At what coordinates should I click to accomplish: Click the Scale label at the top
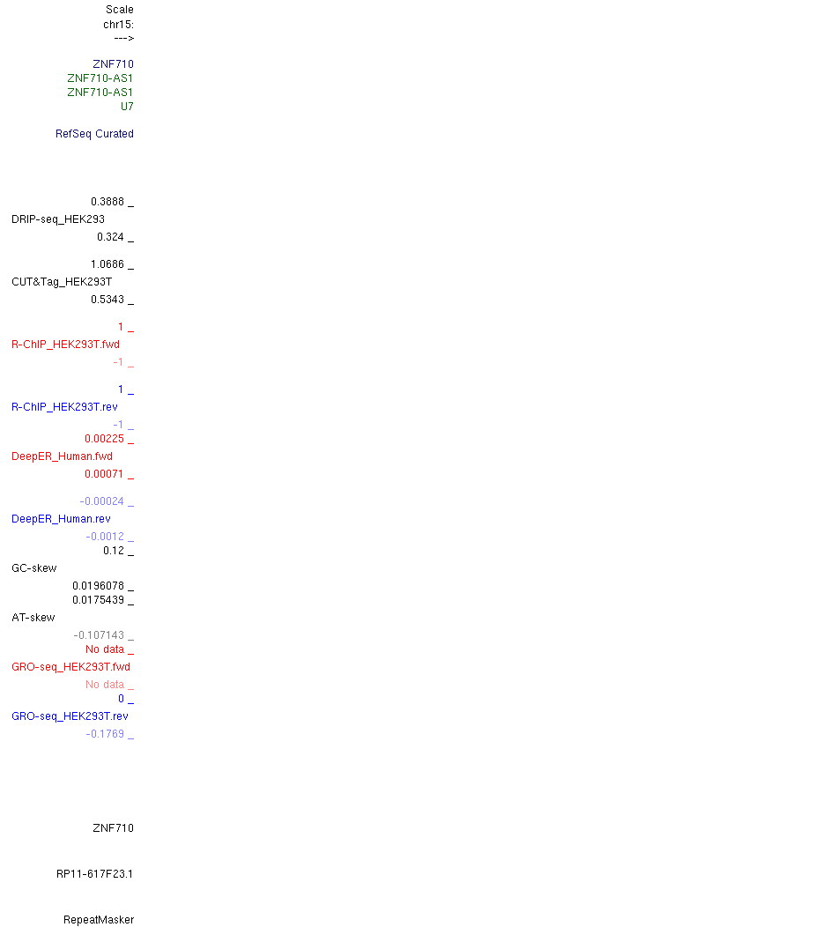coord(120,10)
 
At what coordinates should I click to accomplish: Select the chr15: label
coord(118,25)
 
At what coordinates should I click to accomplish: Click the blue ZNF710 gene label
coord(113,63)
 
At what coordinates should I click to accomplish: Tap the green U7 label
coord(127,107)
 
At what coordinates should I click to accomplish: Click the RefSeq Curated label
coord(94,134)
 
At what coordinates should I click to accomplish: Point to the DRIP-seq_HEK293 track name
coord(58,219)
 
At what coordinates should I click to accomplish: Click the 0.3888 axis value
coord(107,202)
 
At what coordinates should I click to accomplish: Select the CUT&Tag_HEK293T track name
coord(62,281)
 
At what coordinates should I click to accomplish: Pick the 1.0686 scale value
coord(107,264)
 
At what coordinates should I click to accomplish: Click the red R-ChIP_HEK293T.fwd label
coord(65,344)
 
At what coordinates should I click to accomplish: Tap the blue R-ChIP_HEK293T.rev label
coord(64,407)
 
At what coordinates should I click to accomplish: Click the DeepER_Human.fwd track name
coord(62,456)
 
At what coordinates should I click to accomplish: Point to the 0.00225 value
coord(105,439)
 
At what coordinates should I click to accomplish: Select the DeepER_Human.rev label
coord(61,518)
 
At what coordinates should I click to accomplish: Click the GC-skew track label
coord(34,568)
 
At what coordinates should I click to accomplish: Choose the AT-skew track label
coord(33,617)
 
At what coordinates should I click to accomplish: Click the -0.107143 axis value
coord(99,635)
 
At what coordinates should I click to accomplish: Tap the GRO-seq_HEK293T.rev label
coord(70,716)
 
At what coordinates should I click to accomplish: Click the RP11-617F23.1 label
coord(94,874)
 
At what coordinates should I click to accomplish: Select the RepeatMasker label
coord(99,919)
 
